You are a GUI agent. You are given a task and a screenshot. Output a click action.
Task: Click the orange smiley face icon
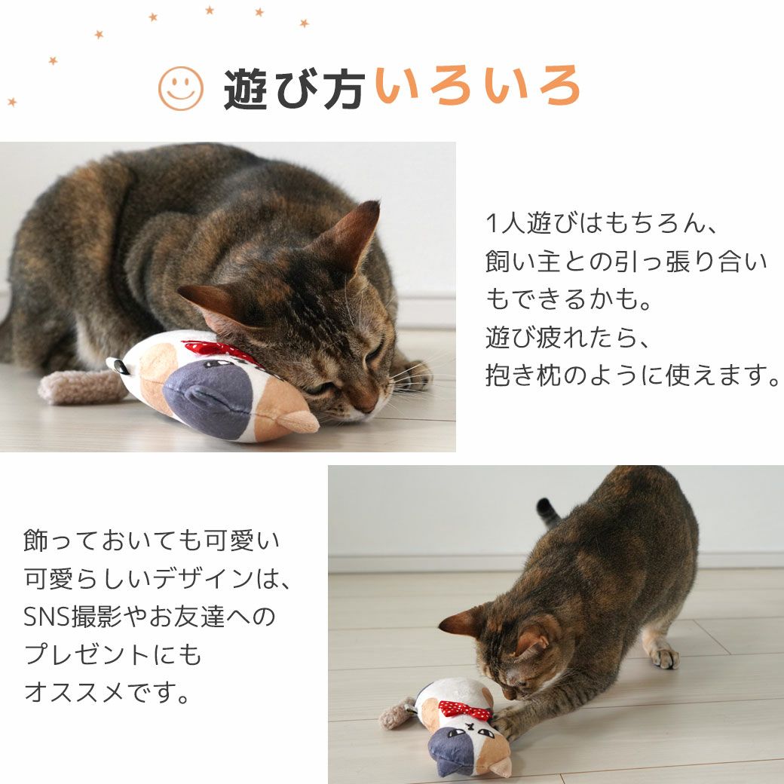tap(180, 88)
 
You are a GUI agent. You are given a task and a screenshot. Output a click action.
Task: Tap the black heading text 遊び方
tap(294, 89)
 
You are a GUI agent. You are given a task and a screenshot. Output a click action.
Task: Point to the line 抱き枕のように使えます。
tap(632, 375)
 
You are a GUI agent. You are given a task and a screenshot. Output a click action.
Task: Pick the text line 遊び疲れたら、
tap(567, 338)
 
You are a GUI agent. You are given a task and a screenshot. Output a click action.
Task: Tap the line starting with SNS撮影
tap(151, 617)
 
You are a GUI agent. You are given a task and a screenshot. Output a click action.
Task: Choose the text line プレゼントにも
tap(113, 654)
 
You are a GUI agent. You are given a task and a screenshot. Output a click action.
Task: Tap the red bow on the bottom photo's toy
tap(464, 709)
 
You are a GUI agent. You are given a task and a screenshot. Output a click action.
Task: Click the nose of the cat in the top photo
tap(367, 407)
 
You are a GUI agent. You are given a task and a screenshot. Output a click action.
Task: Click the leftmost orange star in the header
tap(12, 102)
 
